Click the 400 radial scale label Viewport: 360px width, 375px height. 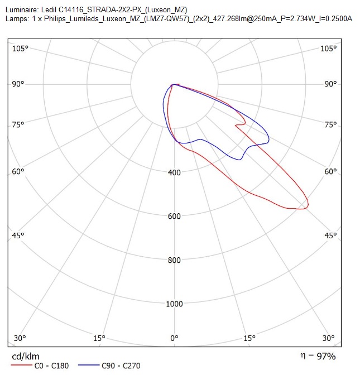[x=174, y=172]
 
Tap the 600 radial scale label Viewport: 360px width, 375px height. [x=174, y=216]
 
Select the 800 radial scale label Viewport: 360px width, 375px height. [x=174, y=260]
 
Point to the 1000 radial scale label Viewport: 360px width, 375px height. [x=174, y=304]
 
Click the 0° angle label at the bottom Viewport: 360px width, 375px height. [x=174, y=338]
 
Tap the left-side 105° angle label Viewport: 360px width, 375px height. [x=20, y=49]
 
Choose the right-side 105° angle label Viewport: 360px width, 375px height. [x=328, y=49]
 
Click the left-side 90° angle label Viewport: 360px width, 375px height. [x=18, y=84]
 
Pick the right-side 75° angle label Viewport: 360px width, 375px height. [x=330, y=124]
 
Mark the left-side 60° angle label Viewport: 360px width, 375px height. [x=18, y=171]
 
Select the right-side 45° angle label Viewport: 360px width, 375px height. [x=330, y=235]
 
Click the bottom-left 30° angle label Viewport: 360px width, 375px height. [x=20, y=338]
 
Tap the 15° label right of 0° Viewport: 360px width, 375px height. [x=249, y=338]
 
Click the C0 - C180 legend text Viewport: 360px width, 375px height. [x=52, y=366]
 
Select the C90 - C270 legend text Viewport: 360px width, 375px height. [x=121, y=366]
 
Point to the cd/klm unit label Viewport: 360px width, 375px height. [x=26, y=357]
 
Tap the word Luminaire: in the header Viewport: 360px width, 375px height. [x=22, y=10]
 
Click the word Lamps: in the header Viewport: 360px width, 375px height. [x=17, y=18]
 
